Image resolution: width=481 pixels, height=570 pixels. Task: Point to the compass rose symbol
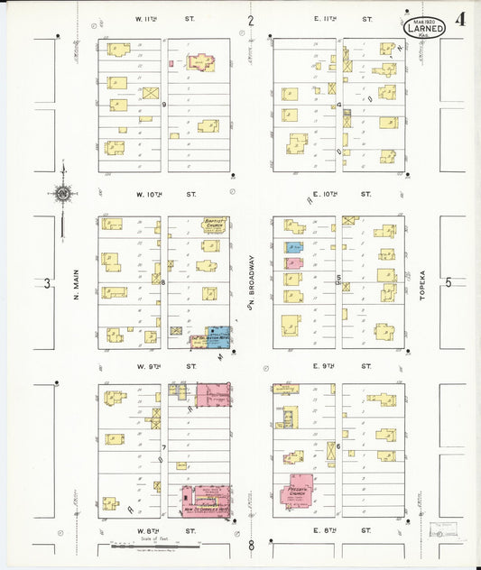[x=62, y=192]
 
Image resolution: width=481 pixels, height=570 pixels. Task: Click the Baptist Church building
[x=213, y=226]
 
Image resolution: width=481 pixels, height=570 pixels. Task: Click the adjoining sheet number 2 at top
[x=251, y=20]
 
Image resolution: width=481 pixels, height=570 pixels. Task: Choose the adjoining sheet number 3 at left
[x=47, y=283]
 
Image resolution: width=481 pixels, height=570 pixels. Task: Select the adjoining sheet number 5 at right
[x=448, y=283]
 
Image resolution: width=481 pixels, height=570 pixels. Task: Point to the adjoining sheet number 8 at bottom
[x=252, y=544]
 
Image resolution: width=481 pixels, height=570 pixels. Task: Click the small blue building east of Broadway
[x=293, y=247]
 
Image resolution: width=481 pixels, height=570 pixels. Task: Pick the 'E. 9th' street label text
[x=324, y=366]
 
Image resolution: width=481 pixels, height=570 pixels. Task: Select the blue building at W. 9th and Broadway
[x=218, y=337]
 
